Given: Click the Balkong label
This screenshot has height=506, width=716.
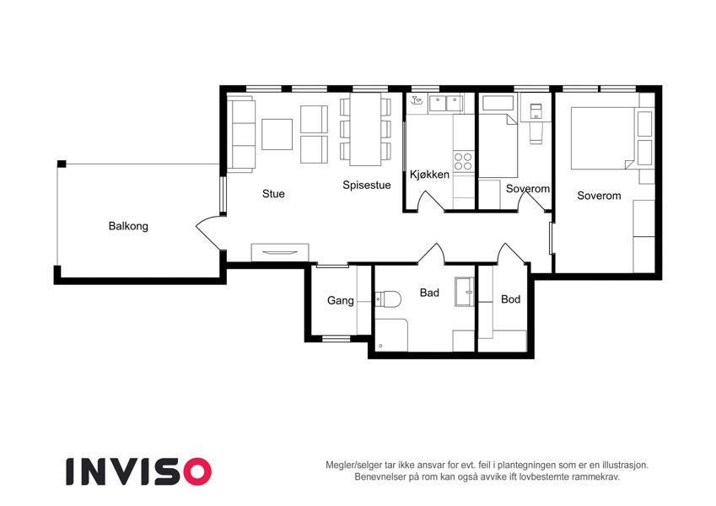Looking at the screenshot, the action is pos(128,226).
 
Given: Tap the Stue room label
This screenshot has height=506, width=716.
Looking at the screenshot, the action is pos(273,194).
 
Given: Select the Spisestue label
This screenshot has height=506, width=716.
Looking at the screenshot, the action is pos(367,186).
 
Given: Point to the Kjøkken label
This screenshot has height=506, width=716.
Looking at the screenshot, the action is pos(430,175).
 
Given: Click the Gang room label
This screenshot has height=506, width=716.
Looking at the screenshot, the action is pos(341,300).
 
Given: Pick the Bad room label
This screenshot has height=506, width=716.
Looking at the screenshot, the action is pos(429,293).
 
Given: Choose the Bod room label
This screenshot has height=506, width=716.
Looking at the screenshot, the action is pos(510,299).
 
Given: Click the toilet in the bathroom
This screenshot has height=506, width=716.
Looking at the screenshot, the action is pos(388,299).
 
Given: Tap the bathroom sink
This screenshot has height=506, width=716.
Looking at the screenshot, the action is pos(465,292).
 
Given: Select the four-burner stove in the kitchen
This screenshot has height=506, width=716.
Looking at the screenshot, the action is pos(463,162).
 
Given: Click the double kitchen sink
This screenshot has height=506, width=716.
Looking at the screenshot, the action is pos(445,104).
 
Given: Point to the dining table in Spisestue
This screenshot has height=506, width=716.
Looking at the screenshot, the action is pos(366,130).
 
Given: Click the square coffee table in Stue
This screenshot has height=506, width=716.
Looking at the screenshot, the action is pos(277,134).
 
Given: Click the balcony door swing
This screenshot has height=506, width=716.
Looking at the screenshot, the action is pos(207,233).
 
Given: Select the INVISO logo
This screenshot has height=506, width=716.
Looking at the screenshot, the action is pos(139,471).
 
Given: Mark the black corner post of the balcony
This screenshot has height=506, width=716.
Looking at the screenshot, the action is pos(62,164).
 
